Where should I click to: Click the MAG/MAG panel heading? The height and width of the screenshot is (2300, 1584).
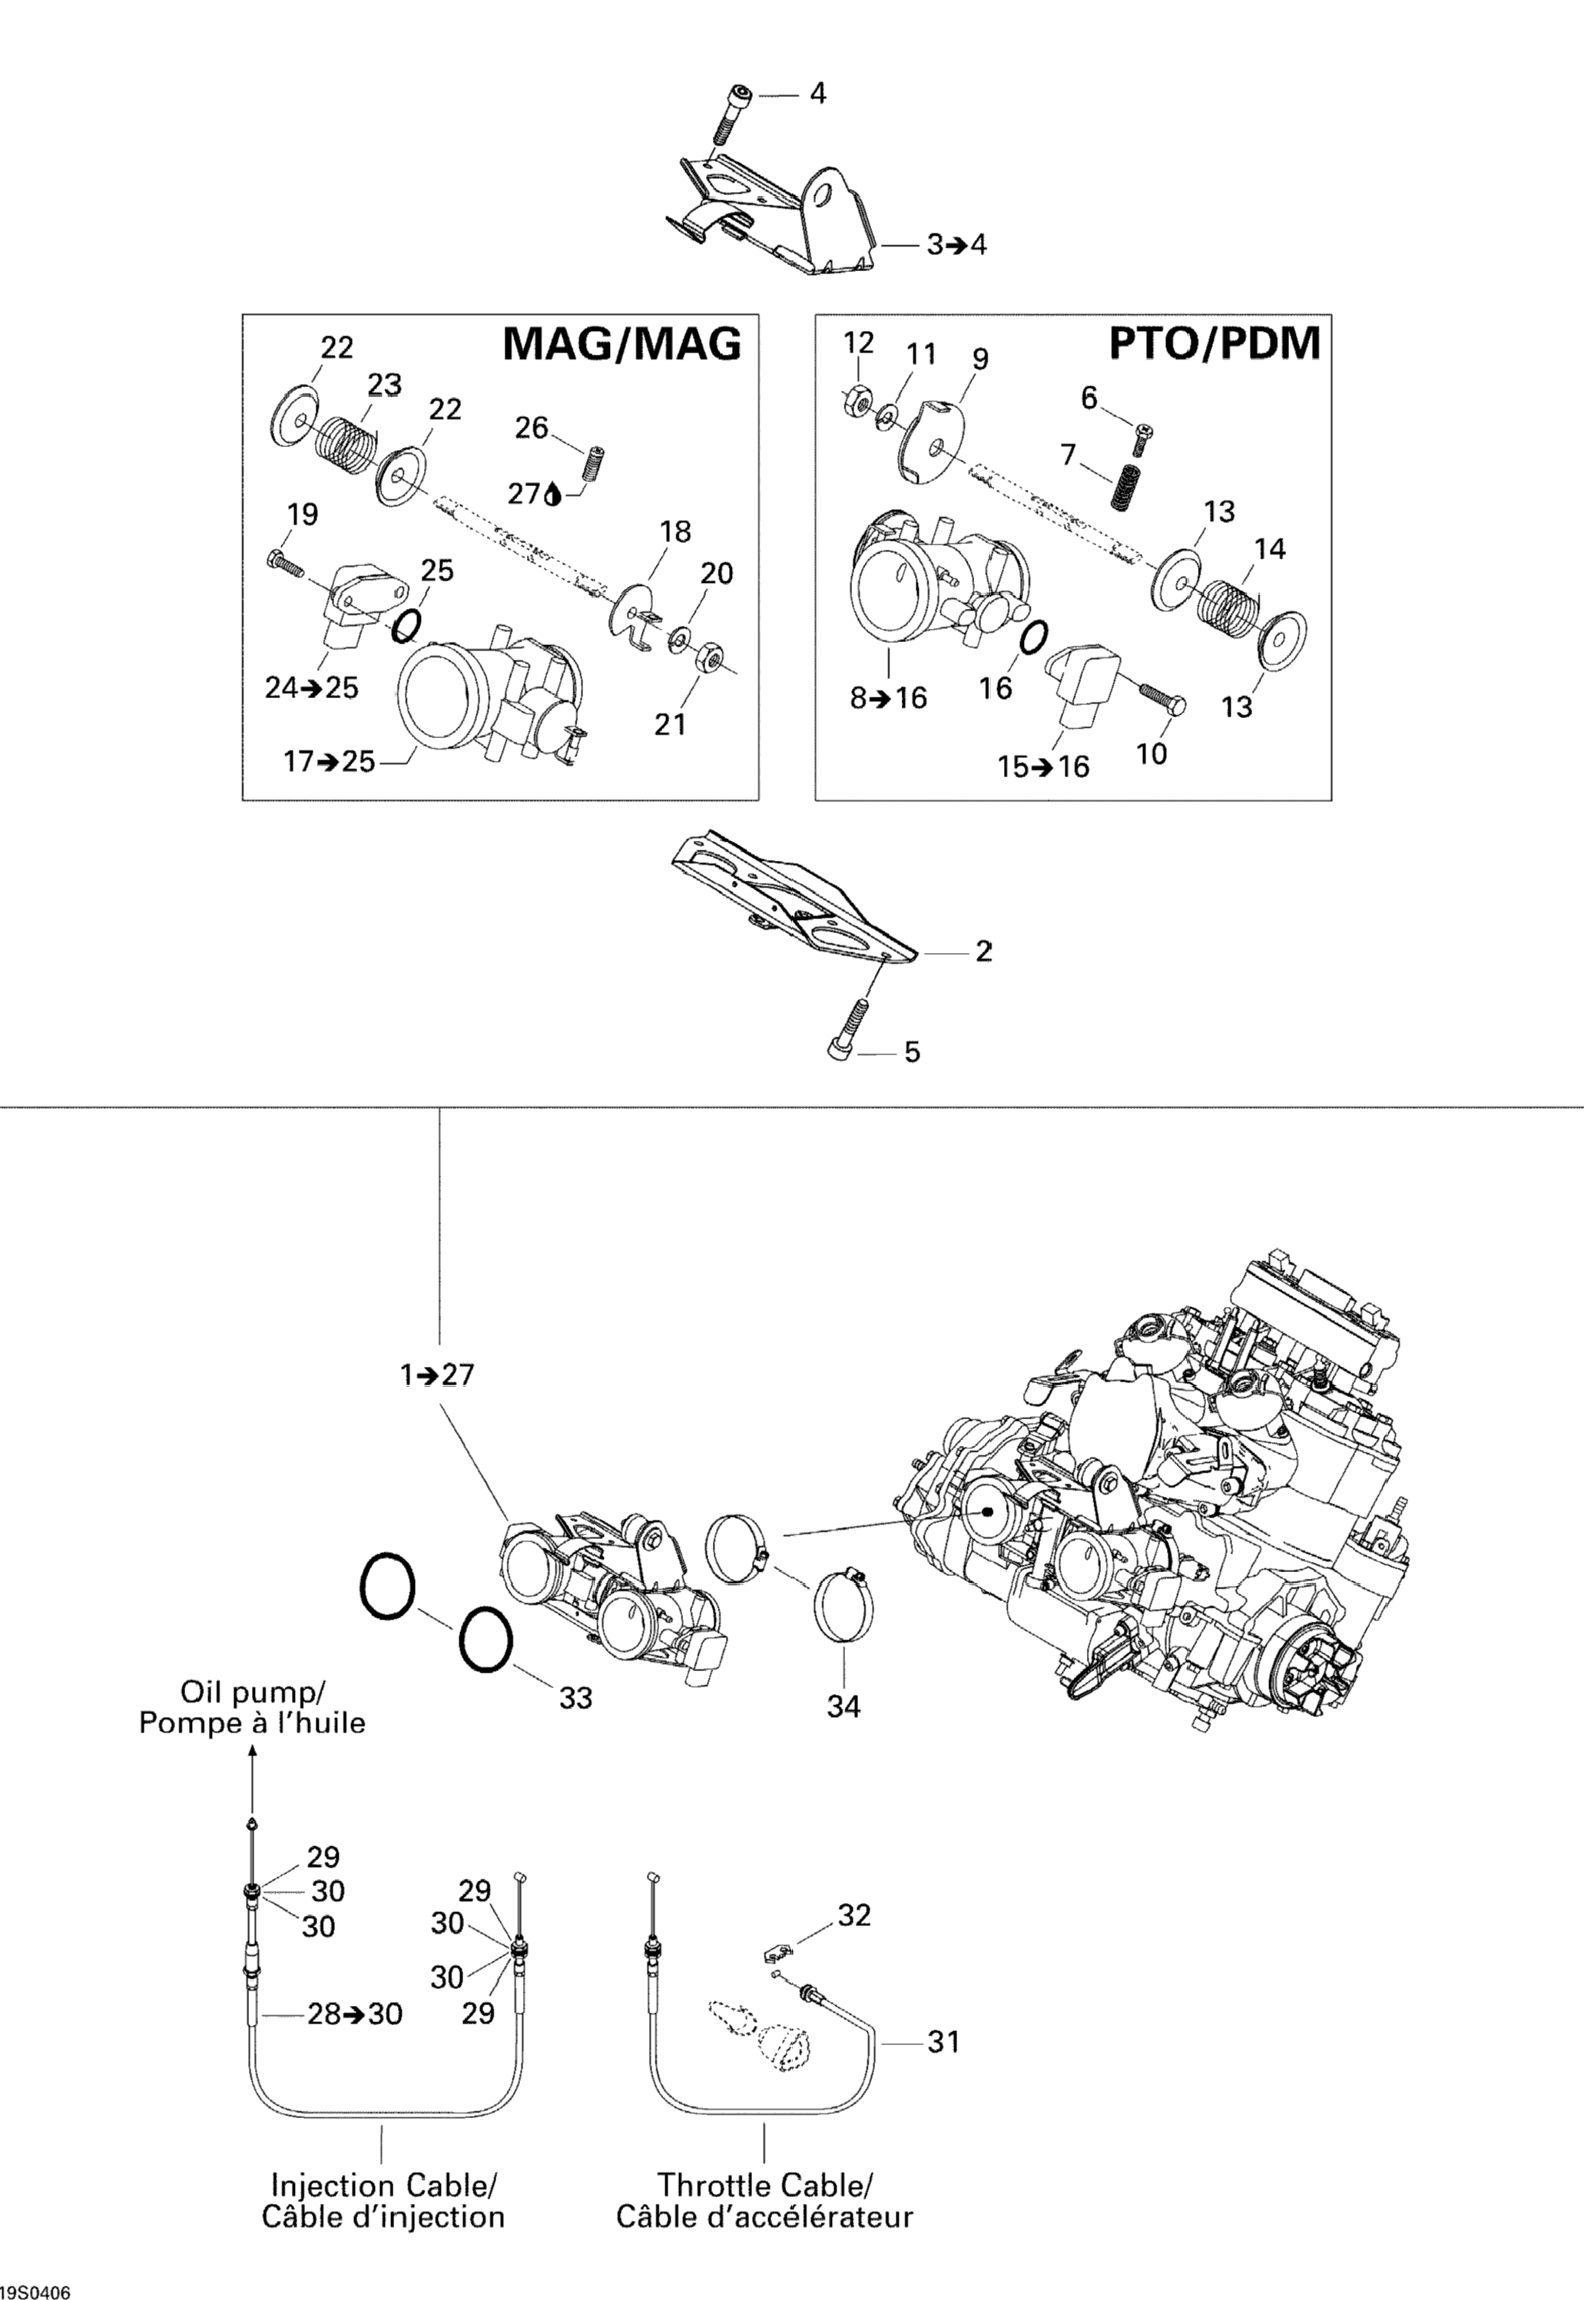621,343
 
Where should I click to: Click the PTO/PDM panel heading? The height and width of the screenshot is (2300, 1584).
1214,343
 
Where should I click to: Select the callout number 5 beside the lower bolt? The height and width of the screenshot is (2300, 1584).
911,1052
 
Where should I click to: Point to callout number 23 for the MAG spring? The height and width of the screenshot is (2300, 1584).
384,384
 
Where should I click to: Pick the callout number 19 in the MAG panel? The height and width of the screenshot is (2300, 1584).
303,515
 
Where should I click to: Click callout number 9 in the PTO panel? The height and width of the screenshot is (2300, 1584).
979,358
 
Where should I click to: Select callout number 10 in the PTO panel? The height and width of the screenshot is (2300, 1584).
1152,754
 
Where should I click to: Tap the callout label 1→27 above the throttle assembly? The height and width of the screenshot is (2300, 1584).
436,1375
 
